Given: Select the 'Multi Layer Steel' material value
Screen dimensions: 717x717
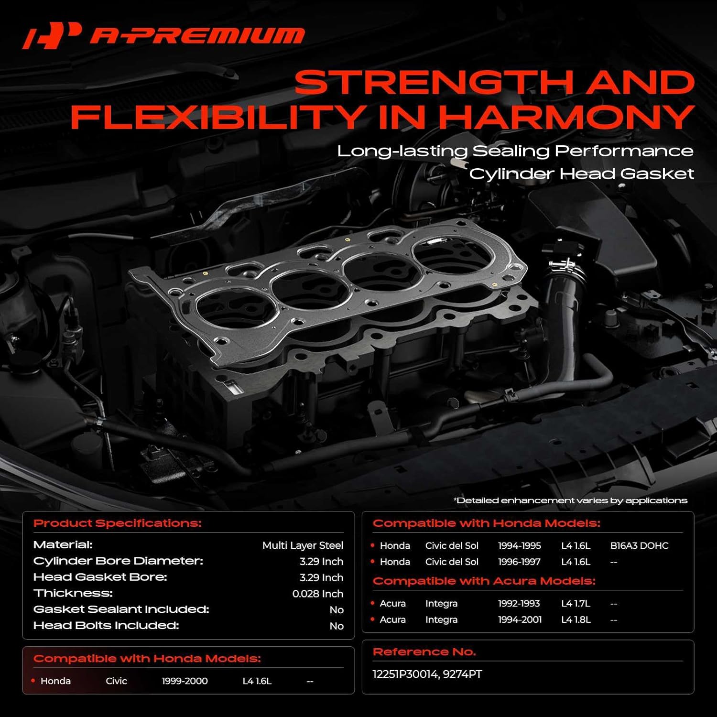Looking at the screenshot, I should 303,545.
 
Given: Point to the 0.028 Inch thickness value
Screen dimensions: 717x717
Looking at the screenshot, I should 317,594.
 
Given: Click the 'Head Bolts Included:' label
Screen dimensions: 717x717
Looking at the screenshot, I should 106,625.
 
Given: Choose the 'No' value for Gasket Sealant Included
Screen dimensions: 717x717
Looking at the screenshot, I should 336,610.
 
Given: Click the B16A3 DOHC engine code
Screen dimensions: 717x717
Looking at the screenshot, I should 639,545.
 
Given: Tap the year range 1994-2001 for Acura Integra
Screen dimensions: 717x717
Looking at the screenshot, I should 520,619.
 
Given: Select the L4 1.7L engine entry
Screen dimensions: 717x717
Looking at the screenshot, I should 576,604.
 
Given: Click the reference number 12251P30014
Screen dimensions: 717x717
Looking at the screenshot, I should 405,674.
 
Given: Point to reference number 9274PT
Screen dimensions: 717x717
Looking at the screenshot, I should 462,674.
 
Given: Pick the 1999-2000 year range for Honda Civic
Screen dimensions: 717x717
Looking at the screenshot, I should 185,681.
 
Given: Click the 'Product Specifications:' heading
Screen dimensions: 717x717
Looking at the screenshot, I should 117,523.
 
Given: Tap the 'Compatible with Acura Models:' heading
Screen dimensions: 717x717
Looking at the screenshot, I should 484,581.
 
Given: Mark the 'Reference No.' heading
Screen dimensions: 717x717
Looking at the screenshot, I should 424,652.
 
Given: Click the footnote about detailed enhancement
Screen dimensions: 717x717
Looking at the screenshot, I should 570,500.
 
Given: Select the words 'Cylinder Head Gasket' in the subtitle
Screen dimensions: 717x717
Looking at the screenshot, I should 581,174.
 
